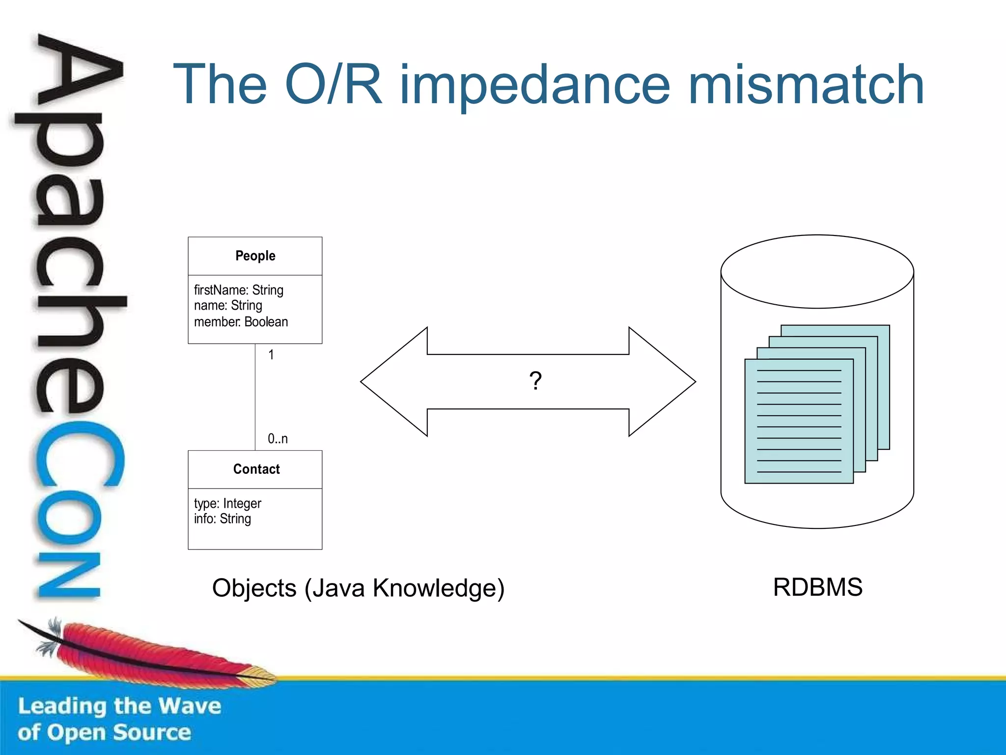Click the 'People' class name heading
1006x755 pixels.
[255, 256]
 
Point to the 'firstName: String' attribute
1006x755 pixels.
[238, 290]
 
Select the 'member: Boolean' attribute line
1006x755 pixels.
[241, 322]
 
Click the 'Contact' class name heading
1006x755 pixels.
[256, 469]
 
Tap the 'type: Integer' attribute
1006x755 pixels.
[227, 503]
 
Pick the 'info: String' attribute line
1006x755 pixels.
[222, 519]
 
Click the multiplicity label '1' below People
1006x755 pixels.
[271, 354]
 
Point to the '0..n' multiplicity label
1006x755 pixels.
[278, 438]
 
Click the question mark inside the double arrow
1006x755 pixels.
[535, 381]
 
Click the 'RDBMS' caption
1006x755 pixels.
[817, 587]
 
